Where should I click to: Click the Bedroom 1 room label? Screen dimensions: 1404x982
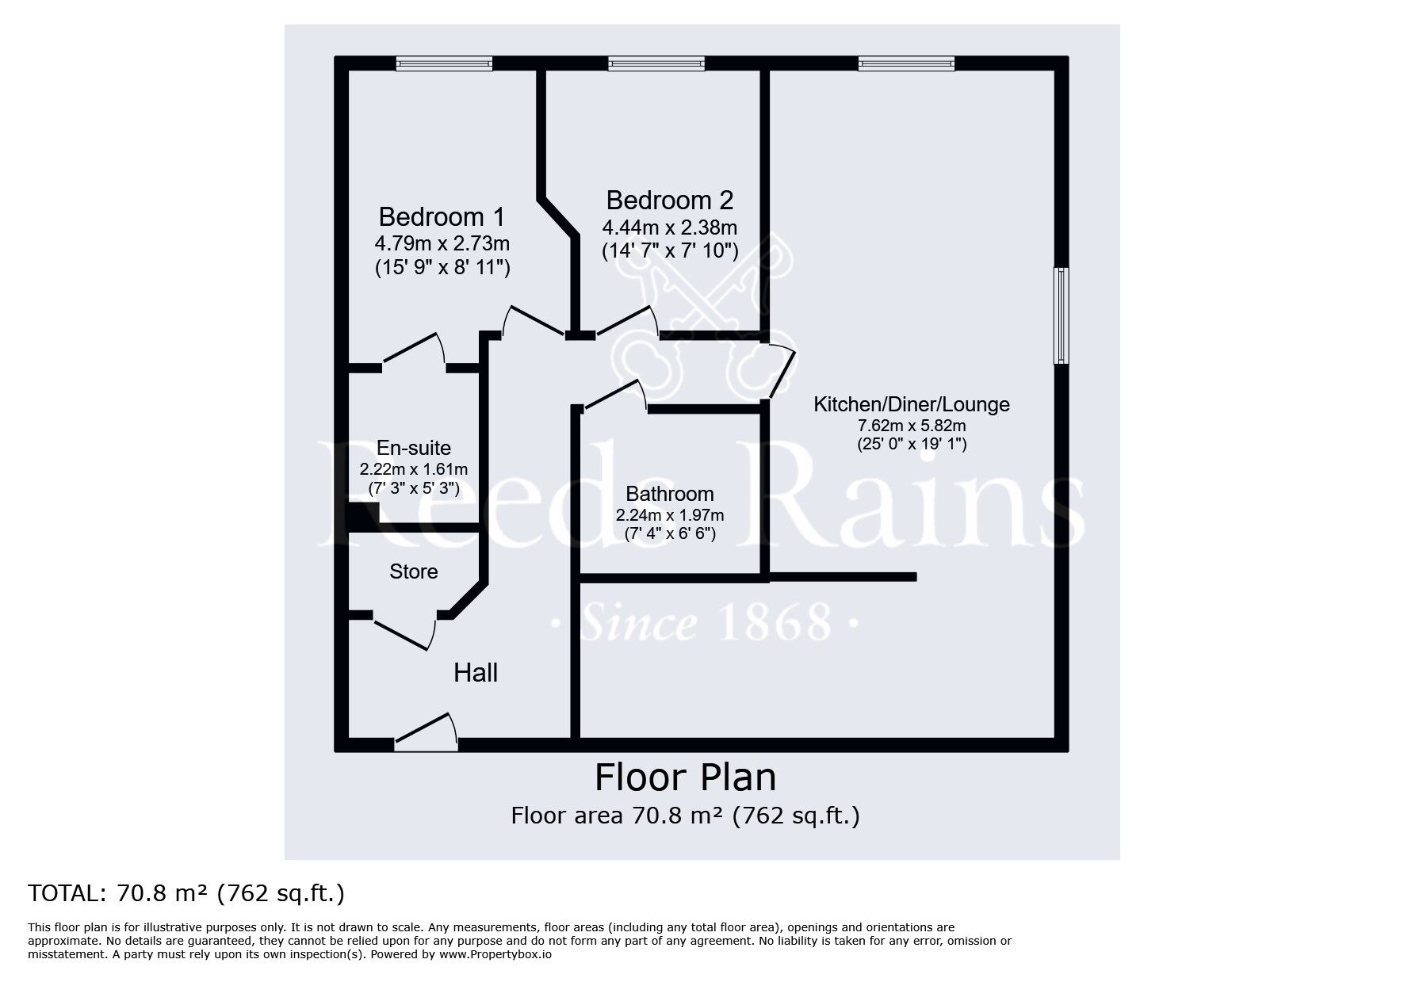click(442, 216)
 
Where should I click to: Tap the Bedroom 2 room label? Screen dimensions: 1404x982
click(670, 200)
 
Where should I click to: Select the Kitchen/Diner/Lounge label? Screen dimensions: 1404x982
click(912, 404)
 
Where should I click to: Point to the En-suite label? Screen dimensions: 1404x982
click(414, 448)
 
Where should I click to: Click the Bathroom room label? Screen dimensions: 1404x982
click(670, 494)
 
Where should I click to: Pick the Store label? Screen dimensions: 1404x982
click(414, 571)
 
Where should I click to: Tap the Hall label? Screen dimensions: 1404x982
click(476, 673)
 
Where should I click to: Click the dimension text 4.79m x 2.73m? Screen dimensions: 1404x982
click(442, 243)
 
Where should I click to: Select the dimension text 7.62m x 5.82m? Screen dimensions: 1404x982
click(912, 426)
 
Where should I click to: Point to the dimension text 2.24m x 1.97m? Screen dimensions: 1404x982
click(670, 515)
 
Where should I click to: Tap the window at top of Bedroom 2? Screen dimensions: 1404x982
click(656, 63)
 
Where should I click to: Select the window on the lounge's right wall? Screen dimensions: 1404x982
click(1062, 315)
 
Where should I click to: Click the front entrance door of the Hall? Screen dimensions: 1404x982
click(427, 732)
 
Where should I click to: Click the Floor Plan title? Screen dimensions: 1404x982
click(686, 778)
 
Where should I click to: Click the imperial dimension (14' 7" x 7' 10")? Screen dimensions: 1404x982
click(670, 251)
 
